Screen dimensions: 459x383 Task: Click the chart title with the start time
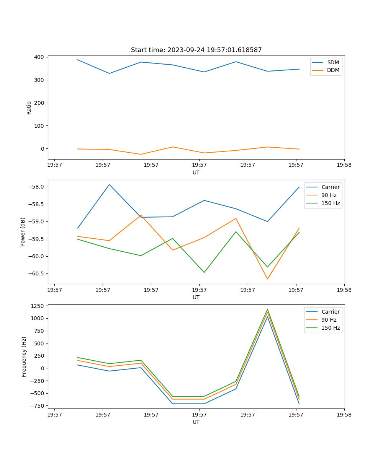click(x=196, y=50)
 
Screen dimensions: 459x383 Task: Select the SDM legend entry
click(x=333, y=62)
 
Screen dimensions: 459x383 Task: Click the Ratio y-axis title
click(x=29, y=107)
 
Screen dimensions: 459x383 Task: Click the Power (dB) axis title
click(x=23, y=232)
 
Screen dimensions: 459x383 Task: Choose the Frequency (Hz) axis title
click(x=24, y=356)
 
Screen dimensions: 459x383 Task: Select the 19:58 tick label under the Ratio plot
click(x=344, y=165)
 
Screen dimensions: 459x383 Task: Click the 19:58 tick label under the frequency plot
click(x=344, y=414)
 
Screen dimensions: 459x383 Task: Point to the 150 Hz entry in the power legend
click(x=331, y=203)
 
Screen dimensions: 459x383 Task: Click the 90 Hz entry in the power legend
click(x=329, y=195)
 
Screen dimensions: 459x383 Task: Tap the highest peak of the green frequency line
click(x=267, y=309)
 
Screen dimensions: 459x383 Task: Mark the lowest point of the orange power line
click(x=267, y=279)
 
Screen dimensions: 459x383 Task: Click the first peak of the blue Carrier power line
click(x=109, y=185)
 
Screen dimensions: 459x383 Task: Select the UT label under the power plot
click(x=196, y=297)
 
